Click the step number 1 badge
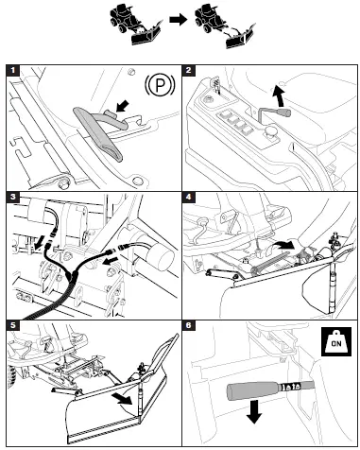(x=13, y=70)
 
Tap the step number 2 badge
(x=188, y=70)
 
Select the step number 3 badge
(x=13, y=198)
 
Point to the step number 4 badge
(x=188, y=198)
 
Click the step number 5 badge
(x=13, y=325)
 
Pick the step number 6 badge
(x=188, y=325)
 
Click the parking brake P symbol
(x=160, y=85)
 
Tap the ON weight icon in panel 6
(x=336, y=341)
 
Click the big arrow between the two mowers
(x=178, y=20)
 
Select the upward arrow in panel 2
(x=279, y=95)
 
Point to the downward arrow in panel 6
(x=254, y=411)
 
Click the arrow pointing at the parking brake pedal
(x=123, y=106)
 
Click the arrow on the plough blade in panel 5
(x=123, y=399)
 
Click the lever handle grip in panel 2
(x=283, y=112)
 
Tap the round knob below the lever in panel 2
(x=270, y=131)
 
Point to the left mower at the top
(x=135, y=26)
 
